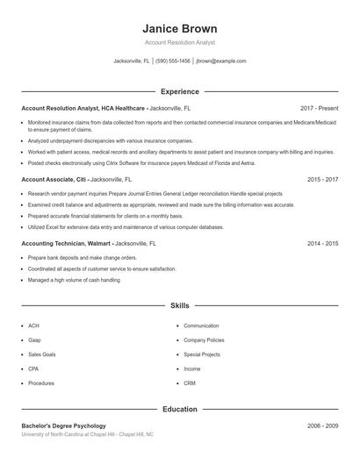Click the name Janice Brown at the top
179,28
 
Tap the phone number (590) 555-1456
174,61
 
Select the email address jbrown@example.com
221,61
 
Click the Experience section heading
179,91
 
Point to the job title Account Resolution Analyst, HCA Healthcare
83,108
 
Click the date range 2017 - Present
319,108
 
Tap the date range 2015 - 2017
323,179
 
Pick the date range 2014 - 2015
323,242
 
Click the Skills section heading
179,305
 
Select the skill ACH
33,325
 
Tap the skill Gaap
34,340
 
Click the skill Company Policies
204,340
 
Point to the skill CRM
190,383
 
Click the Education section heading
179,409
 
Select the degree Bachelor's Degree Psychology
63,426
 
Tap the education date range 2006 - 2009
323,426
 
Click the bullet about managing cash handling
74,280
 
